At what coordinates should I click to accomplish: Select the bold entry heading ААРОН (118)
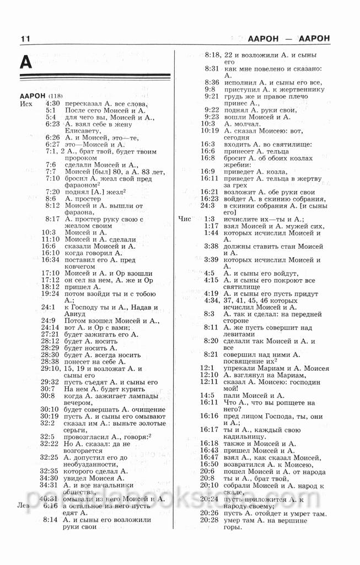(41, 96)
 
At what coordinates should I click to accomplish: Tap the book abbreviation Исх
(26, 103)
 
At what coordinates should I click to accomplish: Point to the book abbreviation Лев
(24, 505)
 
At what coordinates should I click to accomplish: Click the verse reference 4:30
(52, 103)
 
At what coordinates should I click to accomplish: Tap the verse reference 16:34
(50, 259)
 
